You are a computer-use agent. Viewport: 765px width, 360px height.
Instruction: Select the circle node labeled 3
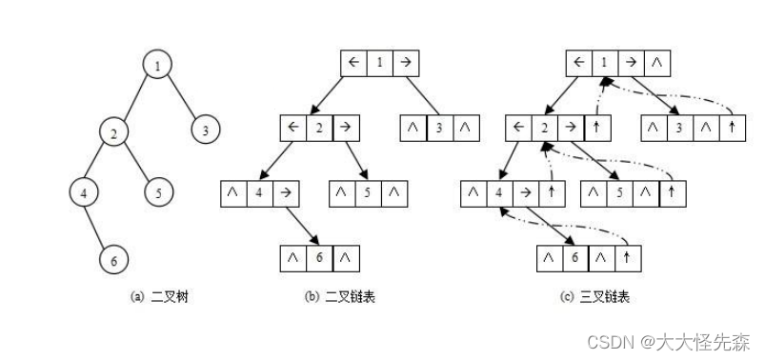pos(206,130)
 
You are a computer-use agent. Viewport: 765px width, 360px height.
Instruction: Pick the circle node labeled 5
pos(159,192)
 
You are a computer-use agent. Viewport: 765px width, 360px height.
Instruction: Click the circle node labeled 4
pos(84,192)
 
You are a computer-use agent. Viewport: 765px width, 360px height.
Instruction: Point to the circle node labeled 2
pos(113,130)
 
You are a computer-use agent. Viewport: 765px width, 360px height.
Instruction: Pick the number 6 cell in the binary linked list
pos(320,257)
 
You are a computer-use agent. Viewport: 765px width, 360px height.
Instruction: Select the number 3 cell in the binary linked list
pos(438,128)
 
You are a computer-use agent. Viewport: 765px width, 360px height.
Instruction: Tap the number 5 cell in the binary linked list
pos(369,192)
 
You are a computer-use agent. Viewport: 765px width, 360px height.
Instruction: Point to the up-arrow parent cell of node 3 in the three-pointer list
pos(732,128)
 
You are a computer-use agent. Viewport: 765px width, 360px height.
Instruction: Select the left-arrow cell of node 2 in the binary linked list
pos(292,128)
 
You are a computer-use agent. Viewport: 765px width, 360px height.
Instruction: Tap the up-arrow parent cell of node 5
pos(673,192)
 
